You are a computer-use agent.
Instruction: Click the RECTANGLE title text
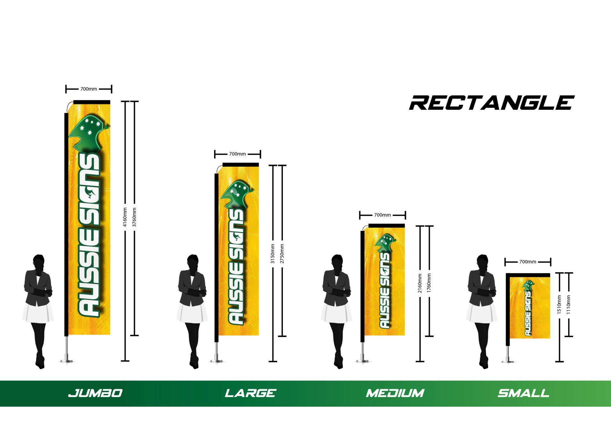pos(491,103)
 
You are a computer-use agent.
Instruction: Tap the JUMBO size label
pos(95,393)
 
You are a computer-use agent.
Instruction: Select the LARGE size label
pos(250,393)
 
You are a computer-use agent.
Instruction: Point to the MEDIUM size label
pos(395,393)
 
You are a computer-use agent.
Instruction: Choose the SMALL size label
pos(523,393)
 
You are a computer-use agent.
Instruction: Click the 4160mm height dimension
pos(125,217)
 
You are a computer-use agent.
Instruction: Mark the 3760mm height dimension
pos(135,217)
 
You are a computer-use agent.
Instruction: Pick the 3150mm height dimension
pos(273,254)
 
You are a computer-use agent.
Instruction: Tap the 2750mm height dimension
pos(282,254)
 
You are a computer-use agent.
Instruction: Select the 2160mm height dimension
pos(420,283)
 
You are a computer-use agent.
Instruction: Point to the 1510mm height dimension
pos(559,305)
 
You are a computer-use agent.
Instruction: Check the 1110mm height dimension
pos(569,305)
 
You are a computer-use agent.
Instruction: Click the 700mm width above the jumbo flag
pos(88,89)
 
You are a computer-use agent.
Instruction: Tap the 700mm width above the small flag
pos(528,262)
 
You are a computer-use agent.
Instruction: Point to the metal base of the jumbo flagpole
pos(67,360)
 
